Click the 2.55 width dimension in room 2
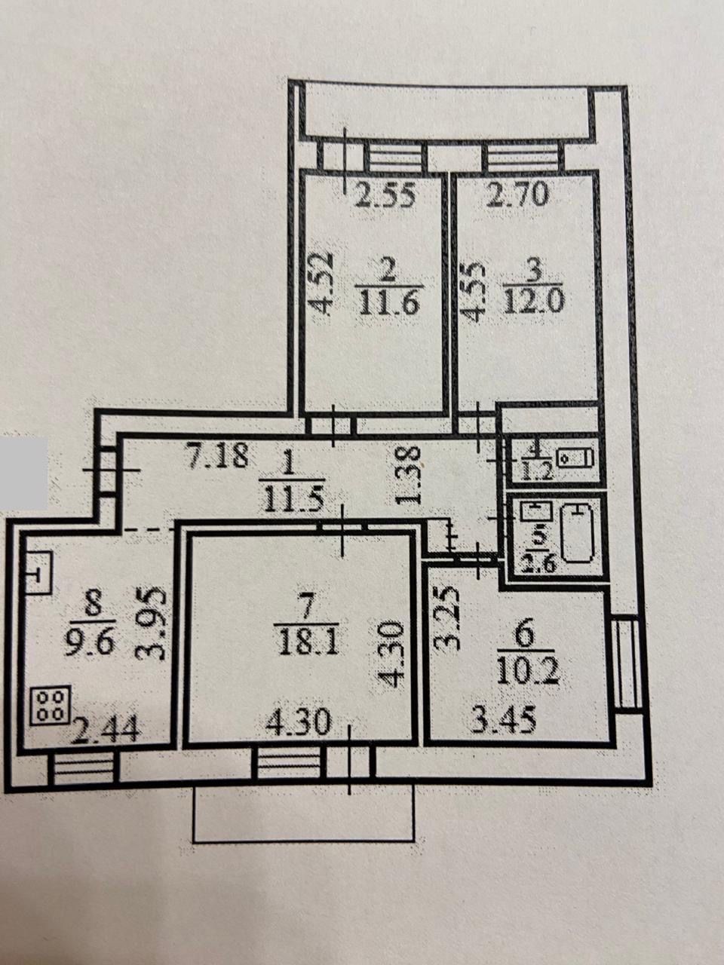385,195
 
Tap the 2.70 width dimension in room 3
519,194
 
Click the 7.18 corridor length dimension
216,456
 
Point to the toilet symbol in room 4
575,459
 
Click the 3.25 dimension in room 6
447,619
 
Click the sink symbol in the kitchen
39,573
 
